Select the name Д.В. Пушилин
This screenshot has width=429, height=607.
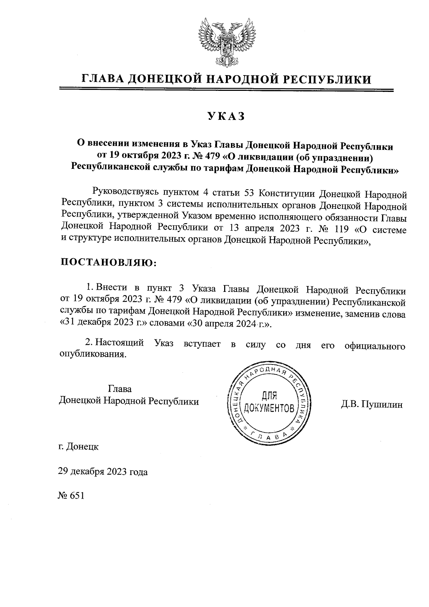[371, 405]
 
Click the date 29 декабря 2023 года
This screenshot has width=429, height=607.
[103, 472]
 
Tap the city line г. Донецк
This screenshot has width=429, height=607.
[78, 447]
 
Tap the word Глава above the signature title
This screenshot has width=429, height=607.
[119, 389]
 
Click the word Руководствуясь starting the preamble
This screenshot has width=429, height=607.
[123, 194]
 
